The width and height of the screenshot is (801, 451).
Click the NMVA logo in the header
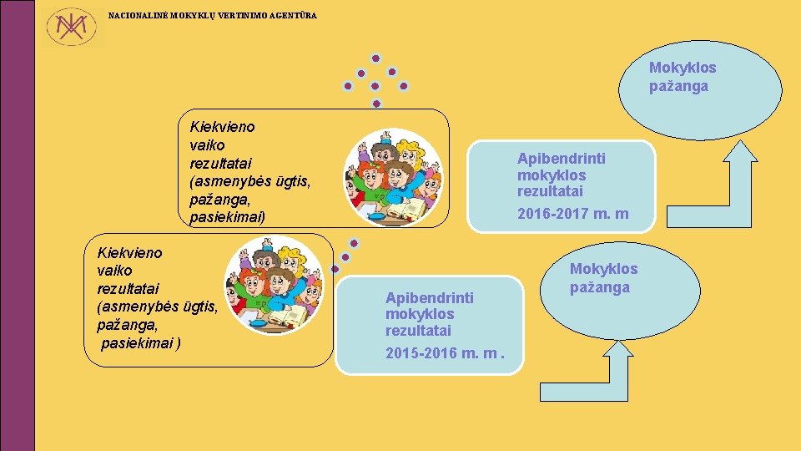point(70,28)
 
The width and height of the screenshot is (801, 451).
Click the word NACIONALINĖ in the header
point(138,16)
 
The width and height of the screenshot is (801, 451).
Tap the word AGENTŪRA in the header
point(293,16)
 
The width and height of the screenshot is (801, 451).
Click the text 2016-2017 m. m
point(572,215)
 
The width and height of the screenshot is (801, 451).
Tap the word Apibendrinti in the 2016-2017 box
point(561,158)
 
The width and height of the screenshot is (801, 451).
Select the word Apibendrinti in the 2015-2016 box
point(429,297)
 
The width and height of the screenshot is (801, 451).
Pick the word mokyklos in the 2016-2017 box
point(551,175)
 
